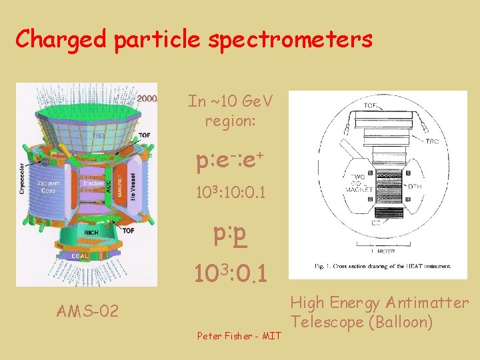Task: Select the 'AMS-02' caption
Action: click(88, 311)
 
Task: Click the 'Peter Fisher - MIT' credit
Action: click(239, 335)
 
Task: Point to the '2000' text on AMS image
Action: click(147, 99)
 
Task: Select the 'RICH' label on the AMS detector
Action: click(91, 232)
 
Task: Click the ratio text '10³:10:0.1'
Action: click(230, 193)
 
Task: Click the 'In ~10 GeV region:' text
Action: click(230, 111)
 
